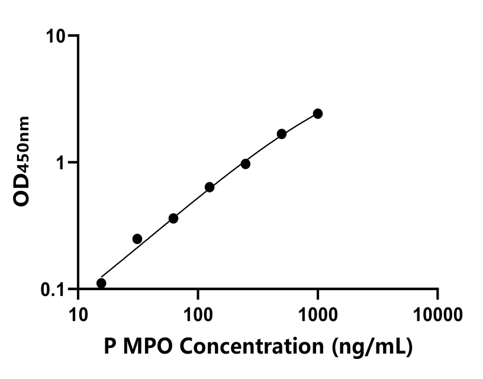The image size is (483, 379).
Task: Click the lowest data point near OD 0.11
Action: click(x=101, y=283)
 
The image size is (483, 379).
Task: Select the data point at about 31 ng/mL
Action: click(x=137, y=239)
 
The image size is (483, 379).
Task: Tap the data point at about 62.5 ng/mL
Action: click(x=173, y=219)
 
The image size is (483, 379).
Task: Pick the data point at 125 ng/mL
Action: click(x=210, y=187)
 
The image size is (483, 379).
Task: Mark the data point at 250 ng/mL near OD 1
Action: click(x=246, y=163)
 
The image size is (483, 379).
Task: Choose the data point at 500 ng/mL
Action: click(x=282, y=134)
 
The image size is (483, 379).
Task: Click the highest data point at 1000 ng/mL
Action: click(x=318, y=113)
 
